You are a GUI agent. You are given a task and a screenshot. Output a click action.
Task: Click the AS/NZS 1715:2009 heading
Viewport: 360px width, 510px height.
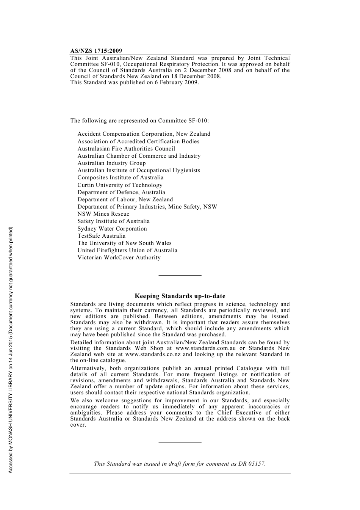[x=96, y=51]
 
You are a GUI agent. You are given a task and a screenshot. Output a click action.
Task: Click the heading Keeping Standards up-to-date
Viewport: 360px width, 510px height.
[x=180, y=296]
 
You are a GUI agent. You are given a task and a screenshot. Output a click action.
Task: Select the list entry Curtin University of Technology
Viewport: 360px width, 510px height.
[x=120, y=185]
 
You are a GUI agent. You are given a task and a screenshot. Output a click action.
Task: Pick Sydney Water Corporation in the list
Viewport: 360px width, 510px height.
[x=112, y=229]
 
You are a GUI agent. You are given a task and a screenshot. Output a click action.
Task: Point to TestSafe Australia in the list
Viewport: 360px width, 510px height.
[x=101, y=236]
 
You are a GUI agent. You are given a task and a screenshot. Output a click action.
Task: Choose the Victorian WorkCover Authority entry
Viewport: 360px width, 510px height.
[x=119, y=257]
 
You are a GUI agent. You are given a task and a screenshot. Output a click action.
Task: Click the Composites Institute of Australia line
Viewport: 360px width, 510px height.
[x=121, y=177]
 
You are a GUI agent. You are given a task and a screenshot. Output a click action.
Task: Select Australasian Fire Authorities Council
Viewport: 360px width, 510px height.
[x=126, y=149]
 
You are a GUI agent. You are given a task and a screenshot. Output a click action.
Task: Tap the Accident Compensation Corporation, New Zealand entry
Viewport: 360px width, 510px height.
[x=144, y=134]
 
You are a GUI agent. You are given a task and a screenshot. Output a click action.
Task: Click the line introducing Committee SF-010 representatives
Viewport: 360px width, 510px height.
[x=139, y=121]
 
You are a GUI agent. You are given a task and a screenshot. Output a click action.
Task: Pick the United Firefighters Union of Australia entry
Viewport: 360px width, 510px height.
[x=127, y=250]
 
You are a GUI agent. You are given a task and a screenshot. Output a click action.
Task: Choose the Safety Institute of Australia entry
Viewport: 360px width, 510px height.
[x=113, y=221]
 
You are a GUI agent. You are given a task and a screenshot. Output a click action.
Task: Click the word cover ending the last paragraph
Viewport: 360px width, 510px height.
[x=78, y=425]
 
